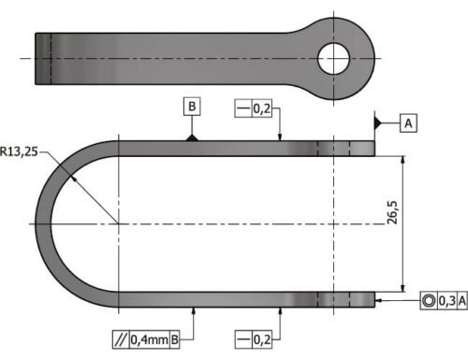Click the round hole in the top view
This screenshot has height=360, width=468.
pos(333,59)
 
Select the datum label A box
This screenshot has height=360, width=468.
pos(408,123)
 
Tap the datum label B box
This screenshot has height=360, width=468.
pos(192,107)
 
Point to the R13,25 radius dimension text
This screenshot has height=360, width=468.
pos(19,151)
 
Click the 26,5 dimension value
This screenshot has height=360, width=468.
pos(392,212)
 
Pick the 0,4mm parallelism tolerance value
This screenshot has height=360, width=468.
pos(149,339)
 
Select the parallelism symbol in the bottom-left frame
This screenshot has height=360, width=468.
pos(121,339)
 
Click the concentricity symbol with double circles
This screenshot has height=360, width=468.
pos(429,301)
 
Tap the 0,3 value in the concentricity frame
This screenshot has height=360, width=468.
pos(447,301)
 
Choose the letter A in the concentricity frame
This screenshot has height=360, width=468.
pos(462,301)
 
